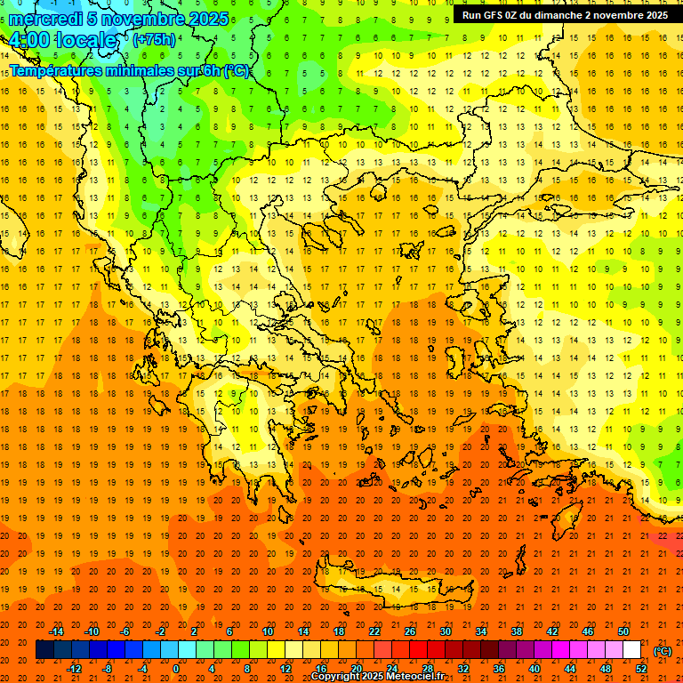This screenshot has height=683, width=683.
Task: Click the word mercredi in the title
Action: pos(45,19)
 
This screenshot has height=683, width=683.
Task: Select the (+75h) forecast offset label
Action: pos(154,40)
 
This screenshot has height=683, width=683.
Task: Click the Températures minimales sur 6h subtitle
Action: pos(129,70)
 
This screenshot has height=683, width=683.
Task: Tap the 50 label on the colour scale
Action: pos(623,631)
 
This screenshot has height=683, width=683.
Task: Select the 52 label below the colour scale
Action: pos(641,669)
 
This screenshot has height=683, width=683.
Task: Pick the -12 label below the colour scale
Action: pos(74,669)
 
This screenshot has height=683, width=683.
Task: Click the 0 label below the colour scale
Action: pos(176,669)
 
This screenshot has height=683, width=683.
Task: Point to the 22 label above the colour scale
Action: pos(374,631)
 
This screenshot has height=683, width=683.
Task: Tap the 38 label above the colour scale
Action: pos(516,631)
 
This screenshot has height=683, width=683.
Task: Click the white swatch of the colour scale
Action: pos(631,650)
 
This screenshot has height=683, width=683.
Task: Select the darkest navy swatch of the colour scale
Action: pos(44,650)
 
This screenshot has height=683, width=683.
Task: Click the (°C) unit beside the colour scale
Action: pos(662,651)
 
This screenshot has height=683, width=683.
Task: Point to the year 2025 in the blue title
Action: pos(205,19)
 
